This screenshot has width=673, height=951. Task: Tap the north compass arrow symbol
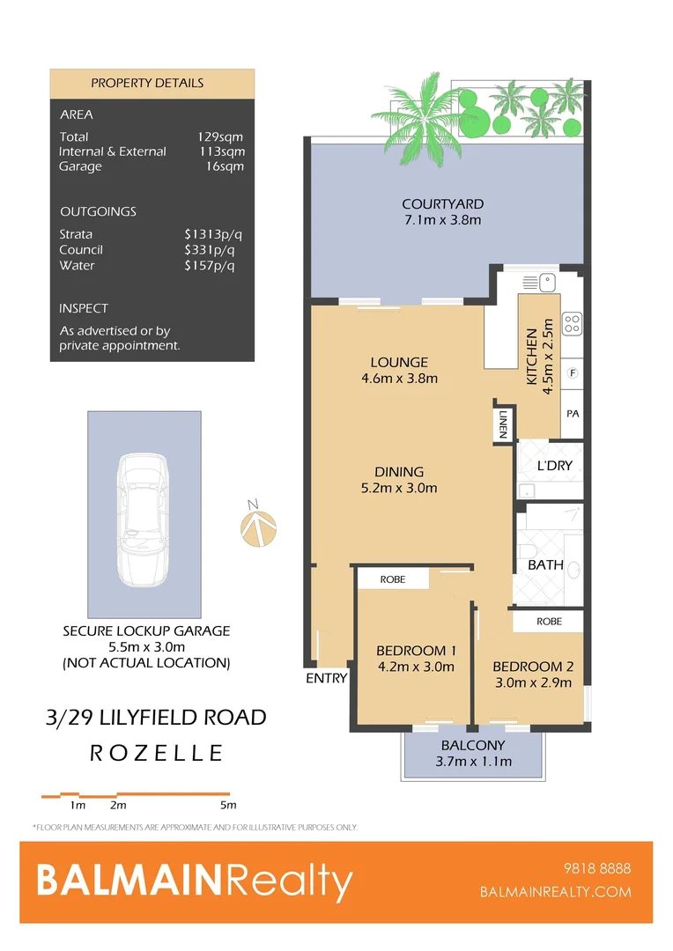tap(258, 527)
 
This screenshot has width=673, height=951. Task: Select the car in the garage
tap(144, 520)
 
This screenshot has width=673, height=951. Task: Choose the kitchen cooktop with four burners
tap(571, 324)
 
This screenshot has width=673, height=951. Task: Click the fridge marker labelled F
tap(573, 372)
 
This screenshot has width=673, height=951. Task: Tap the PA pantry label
tap(573, 412)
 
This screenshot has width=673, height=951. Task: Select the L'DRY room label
tap(555, 465)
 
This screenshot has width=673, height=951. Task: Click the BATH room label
tap(545, 564)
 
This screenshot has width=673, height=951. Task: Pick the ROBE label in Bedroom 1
tap(392, 580)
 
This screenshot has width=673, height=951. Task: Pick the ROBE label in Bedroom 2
tap(550, 620)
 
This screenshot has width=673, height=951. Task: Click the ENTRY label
tap(326, 678)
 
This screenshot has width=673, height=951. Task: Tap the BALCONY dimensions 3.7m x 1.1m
tap(474, 762)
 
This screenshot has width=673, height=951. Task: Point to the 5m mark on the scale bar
tap(229, 805)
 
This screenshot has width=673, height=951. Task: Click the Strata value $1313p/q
tap(208, 234)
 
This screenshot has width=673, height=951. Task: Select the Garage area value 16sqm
tap(226, 166)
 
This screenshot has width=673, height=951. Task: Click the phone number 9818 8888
tap(601, 868)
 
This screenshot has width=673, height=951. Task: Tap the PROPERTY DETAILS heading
tap(147, 83)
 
